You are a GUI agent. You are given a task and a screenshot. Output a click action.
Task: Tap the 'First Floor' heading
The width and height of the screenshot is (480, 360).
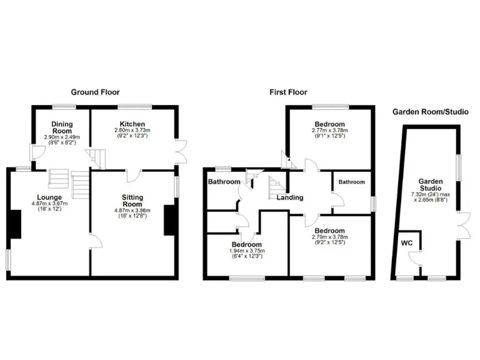coord(288,92)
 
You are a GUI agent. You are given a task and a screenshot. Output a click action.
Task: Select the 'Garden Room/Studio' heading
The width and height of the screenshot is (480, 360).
coord(430,112)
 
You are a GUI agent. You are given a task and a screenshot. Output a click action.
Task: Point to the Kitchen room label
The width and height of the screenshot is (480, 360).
coord(132,124)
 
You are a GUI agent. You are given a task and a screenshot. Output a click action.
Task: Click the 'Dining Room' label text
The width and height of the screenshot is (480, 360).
coord(62,127)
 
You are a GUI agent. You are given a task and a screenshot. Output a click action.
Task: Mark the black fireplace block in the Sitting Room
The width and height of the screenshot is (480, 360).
coord(169,220)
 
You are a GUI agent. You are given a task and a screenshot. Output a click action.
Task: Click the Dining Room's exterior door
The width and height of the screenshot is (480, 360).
coord(37,151)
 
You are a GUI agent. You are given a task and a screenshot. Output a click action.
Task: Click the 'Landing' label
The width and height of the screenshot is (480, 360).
coord(290,197)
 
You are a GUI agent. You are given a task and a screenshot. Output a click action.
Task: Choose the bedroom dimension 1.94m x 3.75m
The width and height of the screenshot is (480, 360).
coord(246,251)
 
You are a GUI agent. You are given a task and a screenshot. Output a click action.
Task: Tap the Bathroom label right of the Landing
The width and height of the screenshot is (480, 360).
coord(351,182)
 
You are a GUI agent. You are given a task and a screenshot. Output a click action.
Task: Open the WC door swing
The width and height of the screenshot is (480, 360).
coord(412,256)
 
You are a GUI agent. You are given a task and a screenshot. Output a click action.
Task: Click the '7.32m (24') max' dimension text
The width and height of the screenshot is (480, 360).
coord(431,194)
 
